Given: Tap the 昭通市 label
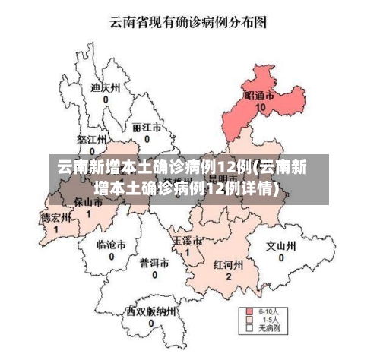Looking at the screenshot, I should point(260,96).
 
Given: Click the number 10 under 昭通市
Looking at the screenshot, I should point(261,108).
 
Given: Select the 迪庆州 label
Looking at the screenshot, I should point(106,87).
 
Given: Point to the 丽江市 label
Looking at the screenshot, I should point(146,127).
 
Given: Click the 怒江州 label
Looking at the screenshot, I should point(90,140).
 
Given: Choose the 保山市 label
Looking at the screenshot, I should point(88,203).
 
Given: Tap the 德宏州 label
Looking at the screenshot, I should point(55,217).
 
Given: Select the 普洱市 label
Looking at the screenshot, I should point(154,262).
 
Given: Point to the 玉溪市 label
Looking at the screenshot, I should point(187,240).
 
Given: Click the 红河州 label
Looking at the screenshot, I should point(228,265).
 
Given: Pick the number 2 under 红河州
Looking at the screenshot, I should point(228,277).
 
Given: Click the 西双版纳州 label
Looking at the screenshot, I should point(151,311).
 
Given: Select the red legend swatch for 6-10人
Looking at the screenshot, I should point(249,311).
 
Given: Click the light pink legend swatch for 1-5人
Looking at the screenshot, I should point(249,321).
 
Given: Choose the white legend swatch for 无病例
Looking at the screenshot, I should point(249,330).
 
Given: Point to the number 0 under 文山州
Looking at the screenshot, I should point(280,258).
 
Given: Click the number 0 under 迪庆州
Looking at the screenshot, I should point(106,99).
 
